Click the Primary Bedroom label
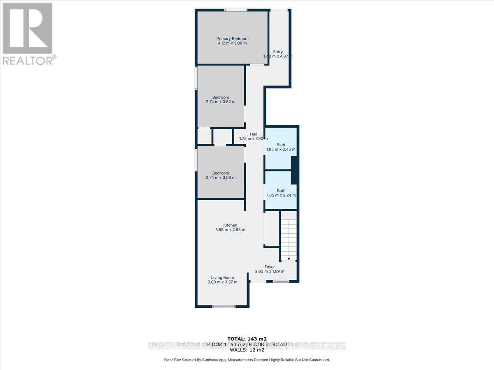233,39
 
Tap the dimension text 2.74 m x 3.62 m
221,102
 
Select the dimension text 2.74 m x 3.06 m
221,178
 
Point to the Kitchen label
230,225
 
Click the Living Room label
222,277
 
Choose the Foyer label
270,267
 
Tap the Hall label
254,134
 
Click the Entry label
278,52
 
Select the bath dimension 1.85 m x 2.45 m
281,149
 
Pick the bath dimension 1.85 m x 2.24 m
281,195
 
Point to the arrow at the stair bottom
289,259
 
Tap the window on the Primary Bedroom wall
233,10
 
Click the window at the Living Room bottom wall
224,306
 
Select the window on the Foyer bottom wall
281,282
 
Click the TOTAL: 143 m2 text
247,339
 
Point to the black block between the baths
294,171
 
